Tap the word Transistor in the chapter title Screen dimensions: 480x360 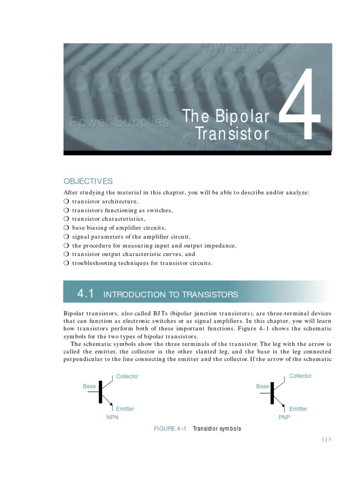pos(232,134)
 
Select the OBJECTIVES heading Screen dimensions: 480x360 pos(88,181)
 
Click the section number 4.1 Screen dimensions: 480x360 pos(86,294)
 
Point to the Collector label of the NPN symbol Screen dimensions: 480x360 pos(127,376)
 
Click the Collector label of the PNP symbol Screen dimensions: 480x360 pos(300,376)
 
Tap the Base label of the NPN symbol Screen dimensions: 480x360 pos(89,386)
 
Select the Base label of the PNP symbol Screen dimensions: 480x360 pos(262,386)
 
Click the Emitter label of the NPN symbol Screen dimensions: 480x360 pos(125,409)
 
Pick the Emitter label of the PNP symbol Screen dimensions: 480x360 pos(298,409)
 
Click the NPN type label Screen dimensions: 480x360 pos(112,418)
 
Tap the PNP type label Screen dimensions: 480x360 pos(284,418)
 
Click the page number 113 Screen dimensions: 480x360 pos(326,439)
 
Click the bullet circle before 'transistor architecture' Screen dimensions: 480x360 pos(66,202)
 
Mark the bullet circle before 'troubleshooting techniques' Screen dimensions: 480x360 pos(66,263)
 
